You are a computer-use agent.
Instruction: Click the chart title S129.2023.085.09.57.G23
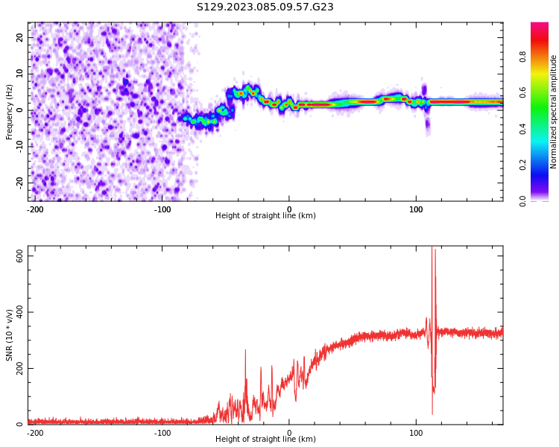point(265,7)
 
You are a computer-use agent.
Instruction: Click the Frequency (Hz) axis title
point(10,112)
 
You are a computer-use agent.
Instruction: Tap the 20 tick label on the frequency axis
point(19,37)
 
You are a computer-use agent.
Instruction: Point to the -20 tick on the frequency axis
point(18,182)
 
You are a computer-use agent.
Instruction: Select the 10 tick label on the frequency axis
point(19,74)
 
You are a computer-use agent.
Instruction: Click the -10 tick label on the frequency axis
point(18,146)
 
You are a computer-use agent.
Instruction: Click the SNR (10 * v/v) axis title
point(10,335)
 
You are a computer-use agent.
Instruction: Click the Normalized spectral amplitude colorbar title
point(554,112)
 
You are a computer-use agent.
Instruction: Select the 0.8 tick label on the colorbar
point(543,55)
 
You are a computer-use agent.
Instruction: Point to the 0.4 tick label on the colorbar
point(543,128)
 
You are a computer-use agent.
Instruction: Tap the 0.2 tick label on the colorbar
point(543,165)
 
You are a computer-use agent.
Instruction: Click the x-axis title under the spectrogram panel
point(265,216)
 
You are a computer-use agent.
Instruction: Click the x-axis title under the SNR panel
point(265,440)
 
